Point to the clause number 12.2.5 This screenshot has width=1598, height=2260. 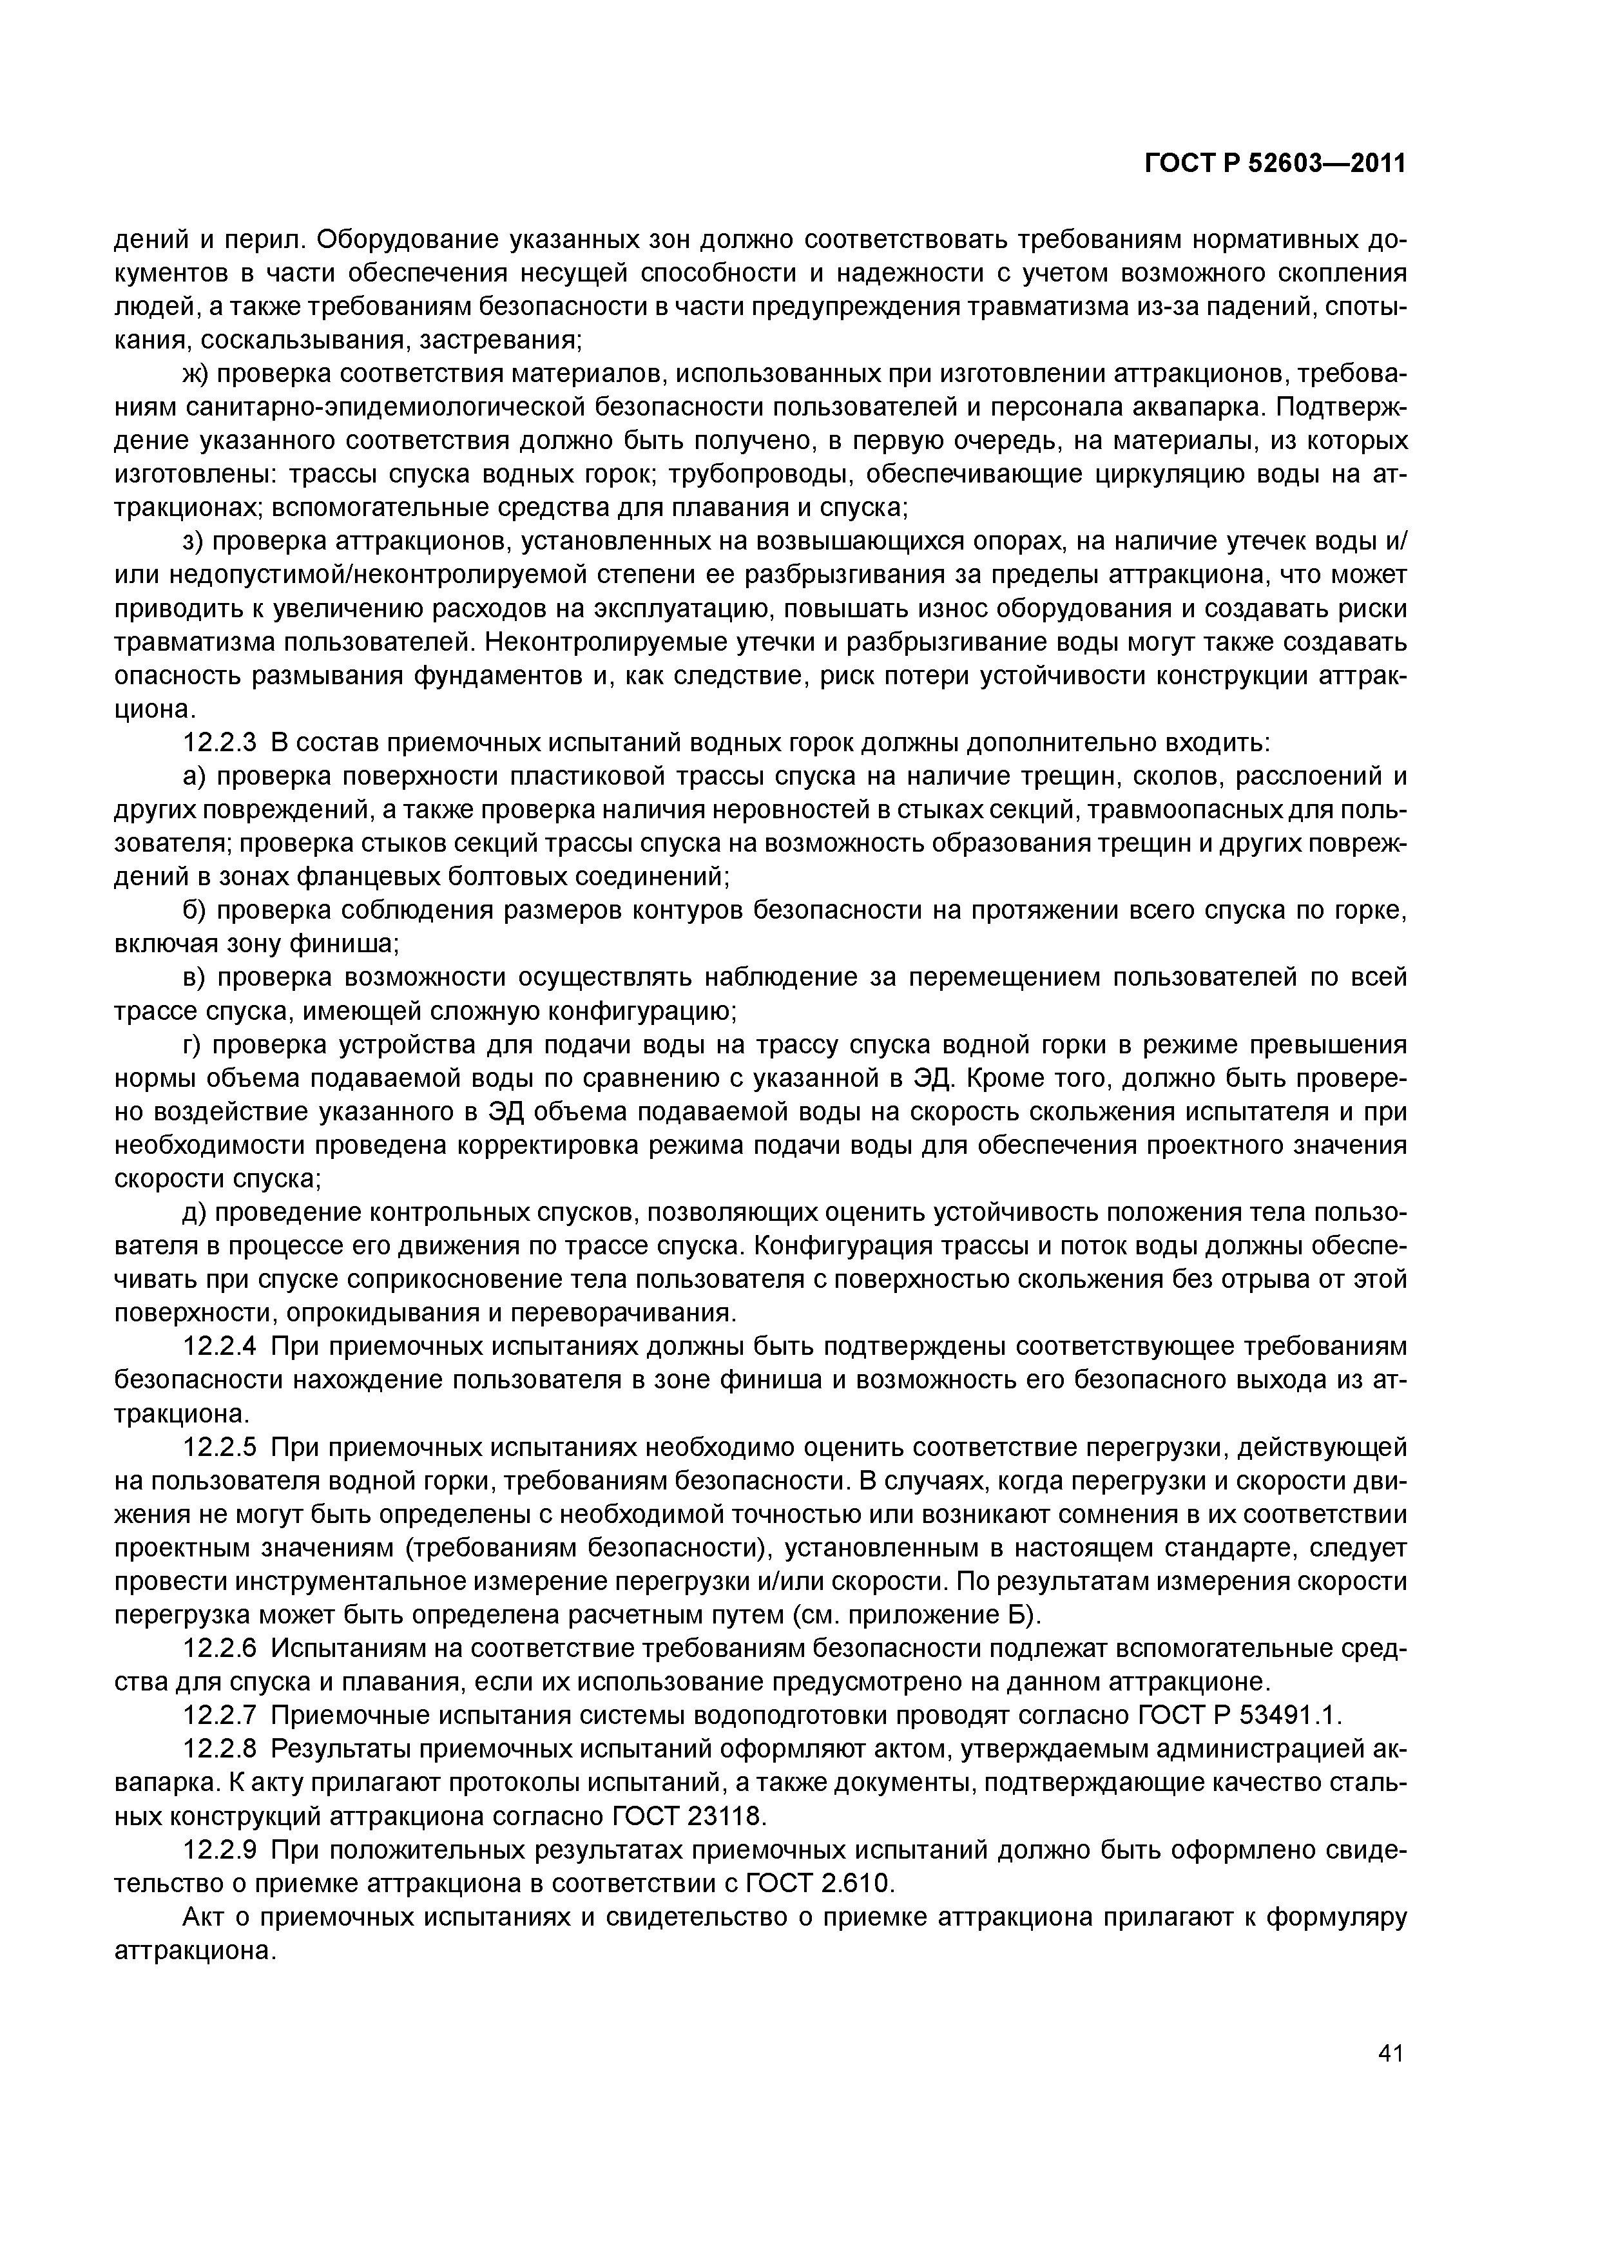pos(222,1448)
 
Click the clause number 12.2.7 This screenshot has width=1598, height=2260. pos(222,1716)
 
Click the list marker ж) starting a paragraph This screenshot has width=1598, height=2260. pos(195,374)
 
